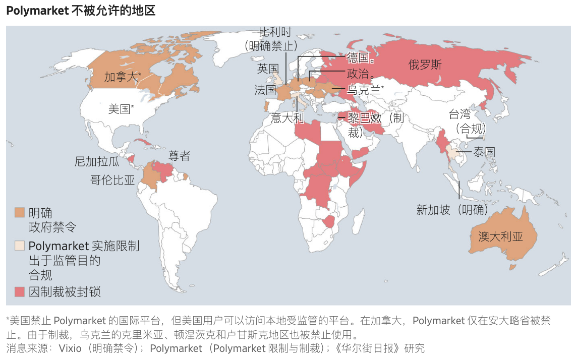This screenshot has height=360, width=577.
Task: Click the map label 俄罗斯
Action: (x=425, y=65)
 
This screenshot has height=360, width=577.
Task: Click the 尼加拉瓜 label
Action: (x=97, y=162)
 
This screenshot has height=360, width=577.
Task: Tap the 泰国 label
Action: (x=483, y=152)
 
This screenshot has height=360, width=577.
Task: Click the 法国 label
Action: (x=265, y=90)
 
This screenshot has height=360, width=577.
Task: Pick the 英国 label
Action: (x=268, y=69)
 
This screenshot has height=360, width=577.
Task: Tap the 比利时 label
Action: (x=275, y=32)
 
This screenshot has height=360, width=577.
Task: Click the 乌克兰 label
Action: (x=364, y=90)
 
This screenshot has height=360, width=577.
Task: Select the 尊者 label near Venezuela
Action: (x=179, y=156)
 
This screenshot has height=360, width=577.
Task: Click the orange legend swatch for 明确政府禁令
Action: (x=19, y=213)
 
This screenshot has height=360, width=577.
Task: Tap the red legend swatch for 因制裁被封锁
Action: (x=19, y=291)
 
